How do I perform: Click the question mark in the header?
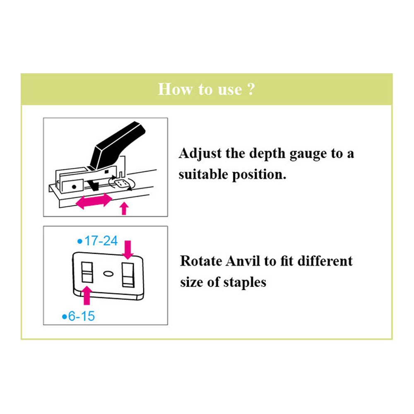coord(251,89)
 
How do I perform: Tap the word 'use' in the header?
coord(230,90)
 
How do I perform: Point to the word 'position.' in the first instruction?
coord(259,175)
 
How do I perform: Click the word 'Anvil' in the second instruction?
coord(243,261)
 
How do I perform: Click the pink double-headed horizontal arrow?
coord(94,201)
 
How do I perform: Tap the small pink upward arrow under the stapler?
coord(124,208)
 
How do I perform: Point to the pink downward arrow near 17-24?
coord(128,250)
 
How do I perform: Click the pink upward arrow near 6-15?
coord(87,296)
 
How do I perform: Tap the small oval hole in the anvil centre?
coord(108,274)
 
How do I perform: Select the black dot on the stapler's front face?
coord(74,187)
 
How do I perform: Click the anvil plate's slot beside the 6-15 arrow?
coord(87,272)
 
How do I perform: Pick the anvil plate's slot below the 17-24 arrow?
coord(128,275)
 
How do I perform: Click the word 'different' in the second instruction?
coord(325,261)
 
